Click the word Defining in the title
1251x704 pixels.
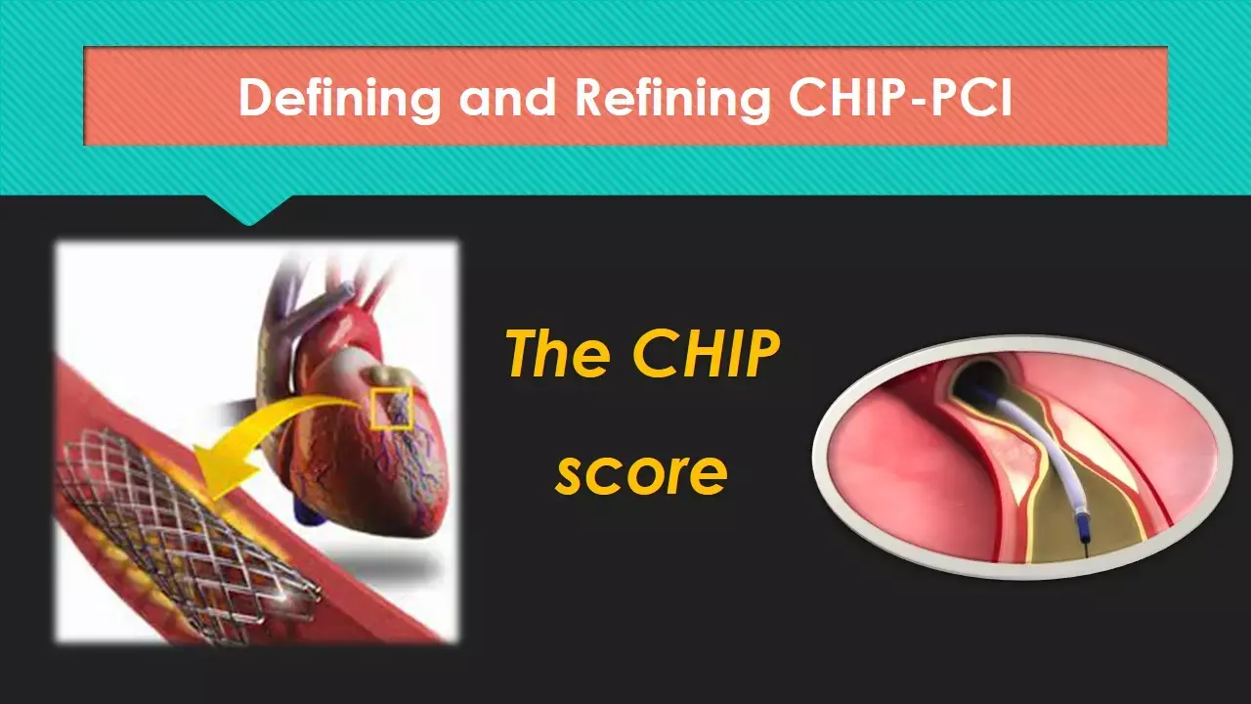pos(339,99)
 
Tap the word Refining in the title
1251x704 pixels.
pos(672,99)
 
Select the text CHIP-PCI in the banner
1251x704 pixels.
pos(901,97)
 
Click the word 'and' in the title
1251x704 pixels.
pos(507,97)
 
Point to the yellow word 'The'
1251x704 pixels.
pos(558,353)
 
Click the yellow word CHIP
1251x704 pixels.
pos(706,353)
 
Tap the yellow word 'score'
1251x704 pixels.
pos(642,474)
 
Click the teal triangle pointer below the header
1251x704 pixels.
pos(249,209)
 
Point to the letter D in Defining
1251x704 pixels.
pos(258,97)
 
